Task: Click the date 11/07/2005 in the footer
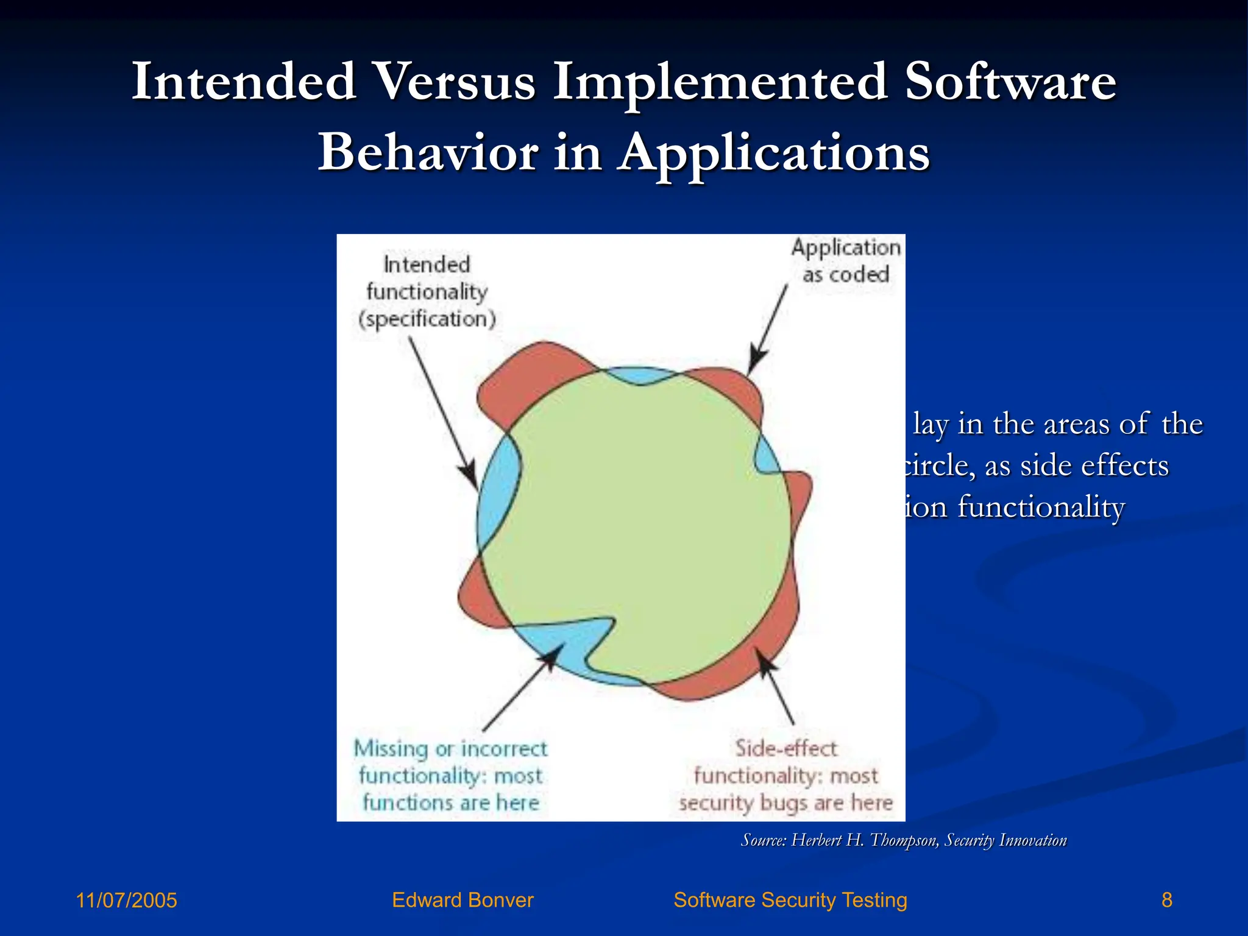[126, 900]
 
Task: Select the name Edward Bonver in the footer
[463, 900]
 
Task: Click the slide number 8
[1166, 900]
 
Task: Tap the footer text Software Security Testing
[790, 900]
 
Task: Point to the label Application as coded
[846, 261]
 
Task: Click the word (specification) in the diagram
[427, 319]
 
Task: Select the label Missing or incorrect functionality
[450, 762]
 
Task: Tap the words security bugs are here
[785, 803]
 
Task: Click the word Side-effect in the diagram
[785, 748]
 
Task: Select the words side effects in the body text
[1094, 466]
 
